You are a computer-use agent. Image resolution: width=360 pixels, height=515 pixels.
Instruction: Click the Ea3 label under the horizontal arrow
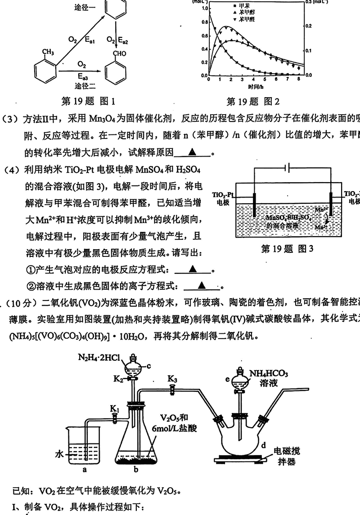82,75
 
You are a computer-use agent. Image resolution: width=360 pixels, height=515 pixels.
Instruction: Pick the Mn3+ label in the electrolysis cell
320,228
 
